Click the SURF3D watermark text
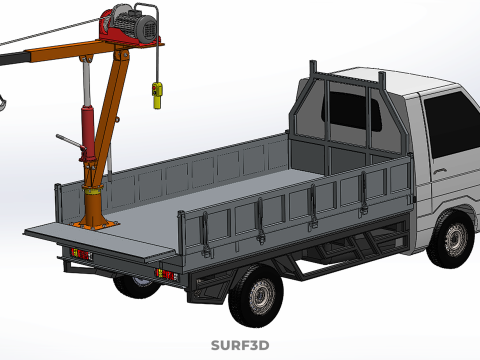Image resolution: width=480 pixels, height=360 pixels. [x=240, y=345]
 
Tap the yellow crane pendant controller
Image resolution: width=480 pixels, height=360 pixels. [x=157, y=96]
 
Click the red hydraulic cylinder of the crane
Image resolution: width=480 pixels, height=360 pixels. [x=88, y=132]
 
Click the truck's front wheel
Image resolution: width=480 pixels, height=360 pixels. [x=452, y=239]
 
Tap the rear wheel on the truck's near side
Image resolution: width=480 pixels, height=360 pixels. [x=257, y=295]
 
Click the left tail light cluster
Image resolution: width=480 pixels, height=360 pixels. [x=82, y=255]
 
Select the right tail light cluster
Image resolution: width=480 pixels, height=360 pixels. [x=167, y=274]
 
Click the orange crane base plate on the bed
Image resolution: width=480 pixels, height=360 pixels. [x=96, y=225]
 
